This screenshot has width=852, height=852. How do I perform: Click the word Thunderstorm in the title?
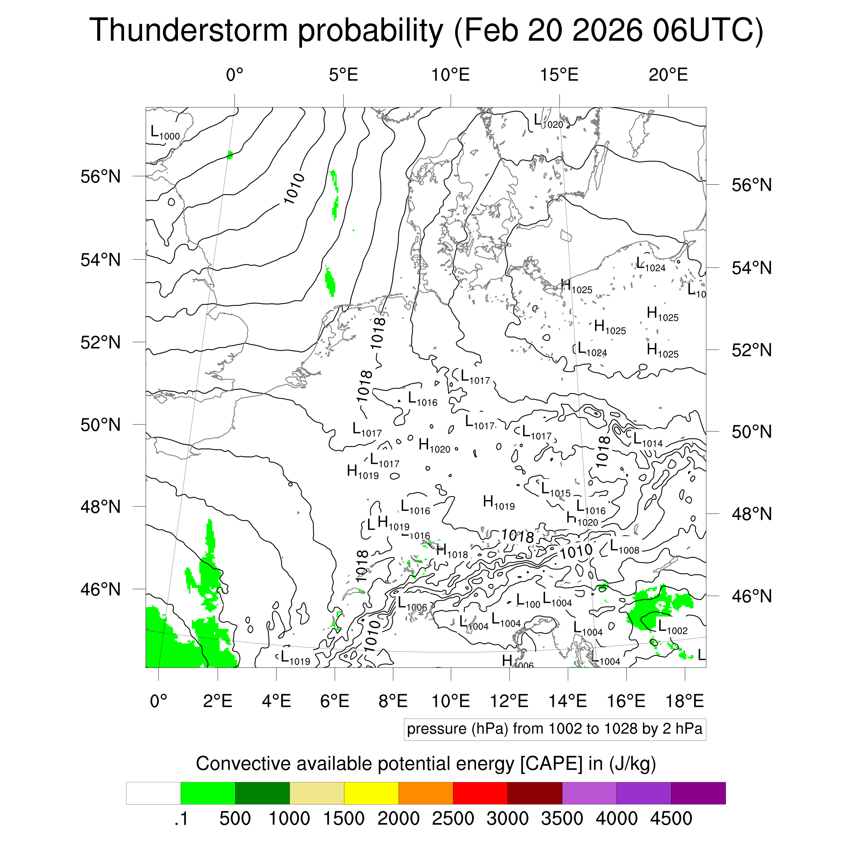click(188, 31)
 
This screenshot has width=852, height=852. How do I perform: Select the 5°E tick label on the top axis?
click(343, 75)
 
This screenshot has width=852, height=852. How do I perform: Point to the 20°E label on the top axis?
click(668, 75)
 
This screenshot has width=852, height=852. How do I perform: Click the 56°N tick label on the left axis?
click(101, 177)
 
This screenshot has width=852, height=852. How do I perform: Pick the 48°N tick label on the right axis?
click(751, 514)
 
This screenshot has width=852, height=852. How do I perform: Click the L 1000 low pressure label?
click(165, 133)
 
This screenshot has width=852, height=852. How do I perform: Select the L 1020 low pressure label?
click(548, 121)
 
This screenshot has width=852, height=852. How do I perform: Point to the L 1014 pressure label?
click(648, 440)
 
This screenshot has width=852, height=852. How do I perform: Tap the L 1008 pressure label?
click(624, 547)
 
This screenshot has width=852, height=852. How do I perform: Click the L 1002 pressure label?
click(672, 627)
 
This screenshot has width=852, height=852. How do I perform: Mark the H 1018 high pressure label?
click(452, 551)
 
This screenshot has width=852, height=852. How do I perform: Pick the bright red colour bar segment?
click(480, 793)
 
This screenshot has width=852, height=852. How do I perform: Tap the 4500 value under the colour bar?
click(671, 819)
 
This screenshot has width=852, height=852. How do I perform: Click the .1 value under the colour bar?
click(181, 819)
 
